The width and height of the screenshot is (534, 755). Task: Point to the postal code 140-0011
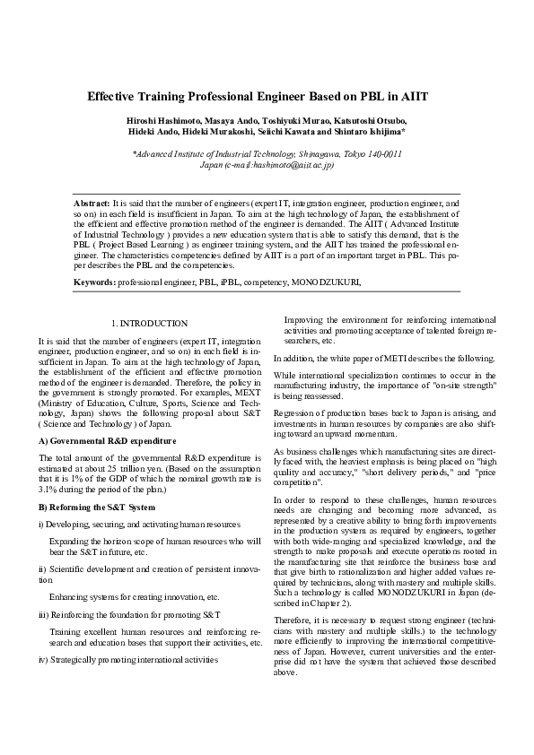click(x=384, y=154)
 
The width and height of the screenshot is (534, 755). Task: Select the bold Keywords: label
click(x=94, y=282)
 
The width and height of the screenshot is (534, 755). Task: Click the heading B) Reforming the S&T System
click(x=91, y=508)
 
